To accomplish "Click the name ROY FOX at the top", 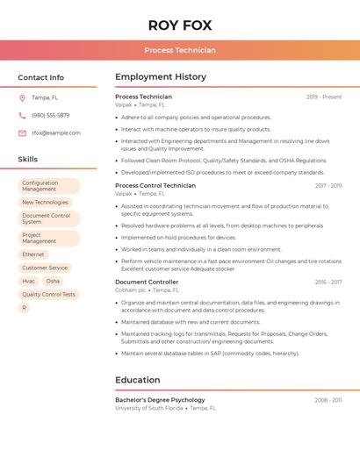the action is (x=180, y=25).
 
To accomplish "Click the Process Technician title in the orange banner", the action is (x=180, y=51).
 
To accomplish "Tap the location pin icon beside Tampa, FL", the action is (x=22, y=98).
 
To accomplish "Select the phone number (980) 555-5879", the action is (x=50, y=116).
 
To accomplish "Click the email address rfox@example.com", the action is (x=56, y=133).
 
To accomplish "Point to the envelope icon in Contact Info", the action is (x=22, y=133).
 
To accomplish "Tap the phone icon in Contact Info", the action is (x=22, y=116).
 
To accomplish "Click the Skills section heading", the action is (x=28, y=160).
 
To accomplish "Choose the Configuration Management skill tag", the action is (x=48, y=186).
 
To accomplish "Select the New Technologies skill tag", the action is (x=45, y=202).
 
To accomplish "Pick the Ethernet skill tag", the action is (x=33, y=254).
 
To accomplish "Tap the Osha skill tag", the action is (x=53, y=281).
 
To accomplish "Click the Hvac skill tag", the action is (x=29, y=281).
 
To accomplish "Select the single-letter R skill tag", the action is (x=24, y=307).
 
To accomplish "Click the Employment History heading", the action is (x=161, y=77).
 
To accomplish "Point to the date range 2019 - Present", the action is (x=324, y=97).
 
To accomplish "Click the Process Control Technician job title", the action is (x=155, y=186).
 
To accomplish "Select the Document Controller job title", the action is (x=147, y=283).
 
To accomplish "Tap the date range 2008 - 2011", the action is (x=328, y=400).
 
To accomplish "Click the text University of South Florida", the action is (x=149, y=408).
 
